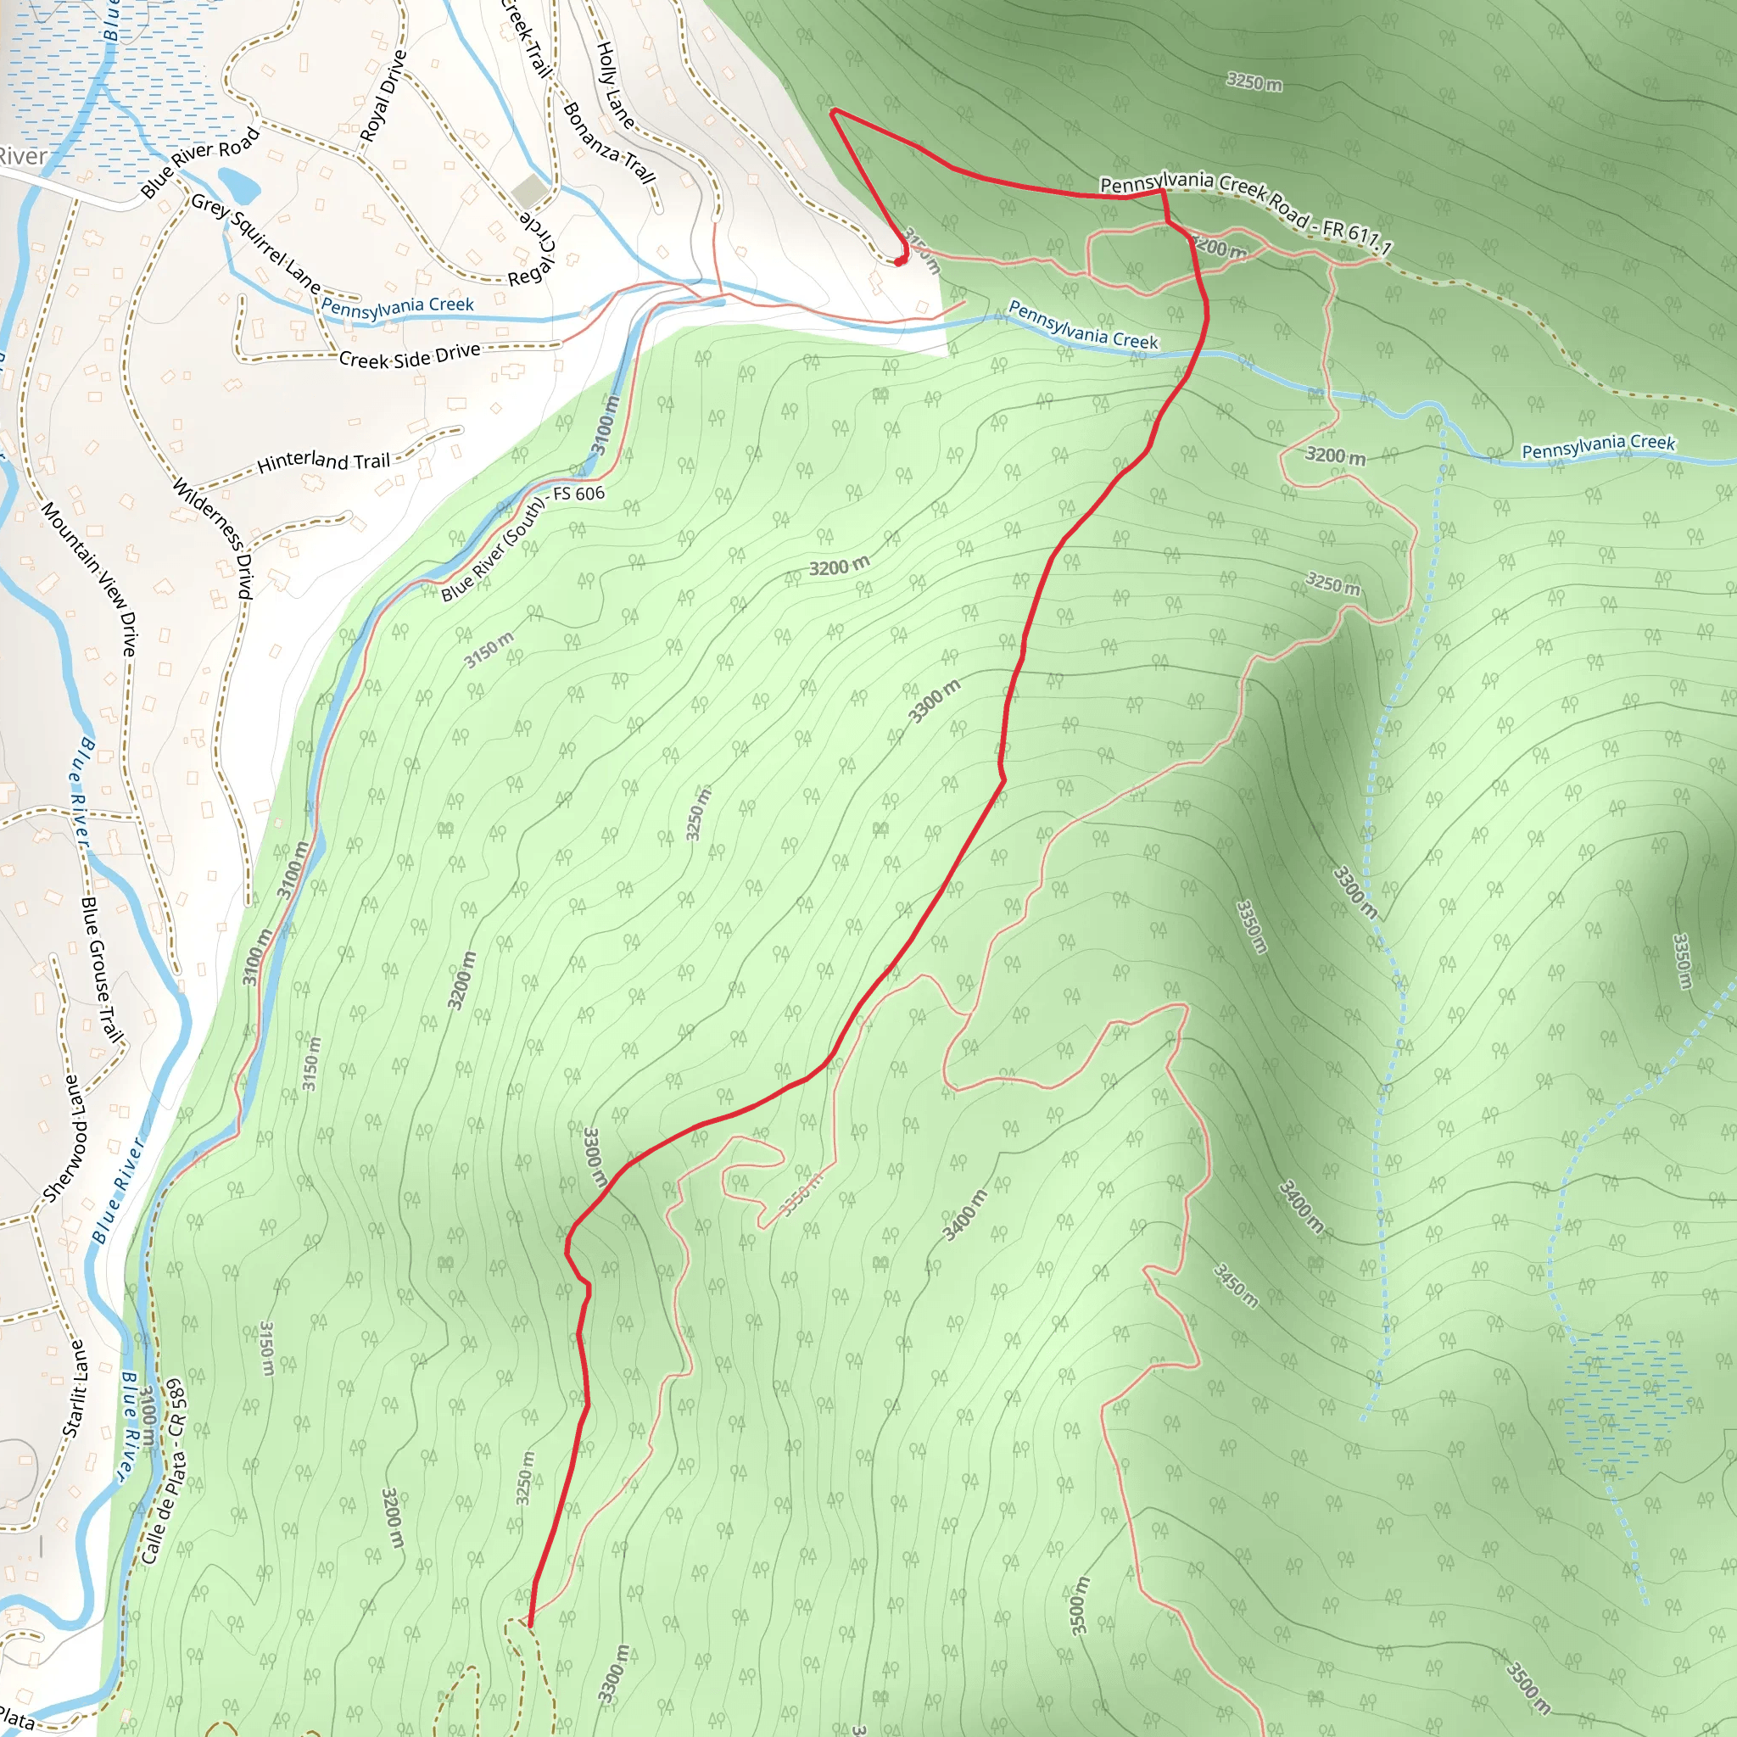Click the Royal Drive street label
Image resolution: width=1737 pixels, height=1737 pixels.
pyautogui.click(x=384, y=95)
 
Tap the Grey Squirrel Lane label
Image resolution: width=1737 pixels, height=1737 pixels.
pyautogui.click(x=255, y=243)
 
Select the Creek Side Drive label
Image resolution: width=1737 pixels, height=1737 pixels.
pyautogui.click(x=410, y=356)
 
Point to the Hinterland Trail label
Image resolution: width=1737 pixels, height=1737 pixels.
pyautogui.click(x=324, y=462)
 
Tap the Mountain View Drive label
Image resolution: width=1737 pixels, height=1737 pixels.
pyautogui.click(x=90, y=579)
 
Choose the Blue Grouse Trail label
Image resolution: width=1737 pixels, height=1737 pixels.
pyautogui.click(x=102, y=969)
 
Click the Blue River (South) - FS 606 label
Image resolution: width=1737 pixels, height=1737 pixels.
pyautogui.click(x=522, y=542)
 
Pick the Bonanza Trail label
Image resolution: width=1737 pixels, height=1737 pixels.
pyautogui.click(x=609, y=142)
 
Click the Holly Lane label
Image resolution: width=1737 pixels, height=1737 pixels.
pyautogui.click(x=616, y=85)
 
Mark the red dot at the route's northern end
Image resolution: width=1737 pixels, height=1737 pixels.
pyautogui.click(x=899, y=261)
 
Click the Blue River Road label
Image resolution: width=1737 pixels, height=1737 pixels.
pyautogui.click(x=199, y=162)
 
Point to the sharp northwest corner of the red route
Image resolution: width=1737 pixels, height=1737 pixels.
pyautogui.click(x=835, y=111)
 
